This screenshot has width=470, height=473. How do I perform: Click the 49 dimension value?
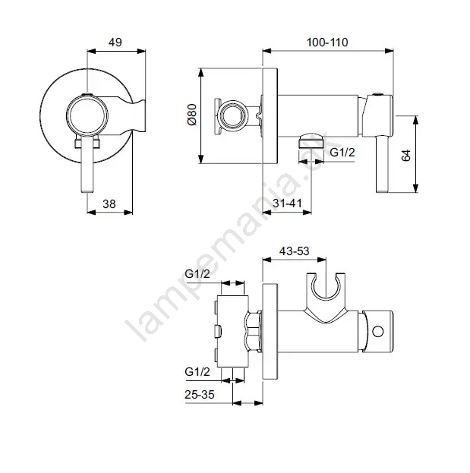(x=115, y=43)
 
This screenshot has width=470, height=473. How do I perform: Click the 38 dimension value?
(x=109, y=204)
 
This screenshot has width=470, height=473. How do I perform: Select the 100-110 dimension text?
(x=327, y=43)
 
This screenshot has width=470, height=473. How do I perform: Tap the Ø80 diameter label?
(x=192, y=115)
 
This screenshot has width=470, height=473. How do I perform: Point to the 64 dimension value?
(x=406, y=155)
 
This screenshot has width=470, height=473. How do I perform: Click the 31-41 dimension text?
(x=287, y=203)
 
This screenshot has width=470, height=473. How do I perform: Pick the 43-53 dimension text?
(x=294, y=251)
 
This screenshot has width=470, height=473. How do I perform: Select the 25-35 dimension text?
(x=200, y=394)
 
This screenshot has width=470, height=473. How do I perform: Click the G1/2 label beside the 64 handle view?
(x=342, y=153)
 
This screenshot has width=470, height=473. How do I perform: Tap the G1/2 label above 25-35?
(x=197, y=372)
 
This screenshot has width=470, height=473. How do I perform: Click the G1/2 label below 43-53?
(x=197, y=274)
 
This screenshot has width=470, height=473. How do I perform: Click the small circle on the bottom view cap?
(x=378, y=332)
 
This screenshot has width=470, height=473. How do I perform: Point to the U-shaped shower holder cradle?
(x=326, y=286)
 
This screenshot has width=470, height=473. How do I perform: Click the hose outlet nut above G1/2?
(x=311, y=140)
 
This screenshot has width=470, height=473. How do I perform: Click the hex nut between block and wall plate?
(x=254, y=332)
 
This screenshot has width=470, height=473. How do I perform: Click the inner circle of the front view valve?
(x=88, y=115)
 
